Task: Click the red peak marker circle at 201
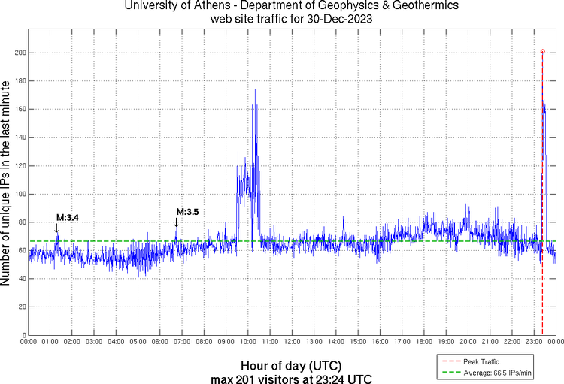click(542, 52)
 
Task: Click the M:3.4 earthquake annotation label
click(68, 218)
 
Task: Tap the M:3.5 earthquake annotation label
click(187, 212)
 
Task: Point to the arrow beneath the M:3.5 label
click(177, 222)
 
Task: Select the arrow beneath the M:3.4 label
click(56, 228)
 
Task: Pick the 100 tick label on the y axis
click(20, 194)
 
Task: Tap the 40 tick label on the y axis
click(22, 279)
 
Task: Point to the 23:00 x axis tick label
click(534, 342)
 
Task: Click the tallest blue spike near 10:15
click(255, 90)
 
